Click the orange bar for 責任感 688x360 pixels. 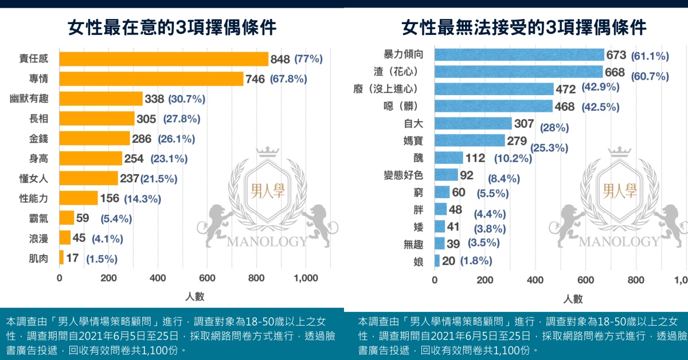[x=163, y=59]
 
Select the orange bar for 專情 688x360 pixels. [x=151, y=79]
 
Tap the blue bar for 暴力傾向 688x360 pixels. [x=519, y=55]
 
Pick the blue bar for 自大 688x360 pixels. [x=473, y=123]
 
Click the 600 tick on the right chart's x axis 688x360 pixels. [x=585, y=280]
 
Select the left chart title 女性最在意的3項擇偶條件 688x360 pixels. [x=172, y=27]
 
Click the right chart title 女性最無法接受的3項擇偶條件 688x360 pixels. [x=524, y=27]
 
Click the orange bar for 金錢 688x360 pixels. [x=95, y=138]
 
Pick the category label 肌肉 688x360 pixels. [x=38, y=259]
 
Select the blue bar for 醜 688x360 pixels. [x=448, y=158]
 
